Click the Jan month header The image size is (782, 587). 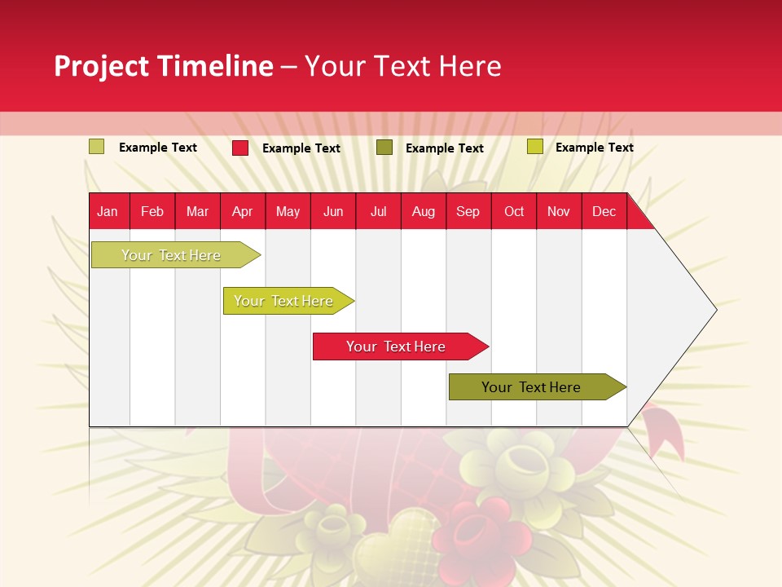click(x=108, y=211)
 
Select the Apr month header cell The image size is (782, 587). click(x=243, y=211)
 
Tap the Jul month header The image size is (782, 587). click(x=378, y=211)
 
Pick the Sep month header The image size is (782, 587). click(x=468, y=211)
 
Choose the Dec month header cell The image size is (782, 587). click(x=604, y=211)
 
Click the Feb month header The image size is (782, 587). click(x=152, y=211)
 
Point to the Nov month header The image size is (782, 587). click(x=559, y=211)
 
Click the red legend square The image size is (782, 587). click(x=240, y=148)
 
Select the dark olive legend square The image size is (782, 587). click(x=384, y=148)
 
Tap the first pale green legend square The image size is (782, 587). click(x=96, y=147)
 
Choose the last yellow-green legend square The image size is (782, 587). click(x=534, y=147)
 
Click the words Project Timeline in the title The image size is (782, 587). click(x=163, y=66)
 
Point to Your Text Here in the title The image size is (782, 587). click(x=403, y=66)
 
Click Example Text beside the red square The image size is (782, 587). click(x=301, y=148)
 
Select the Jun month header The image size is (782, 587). click(x=333, y=211)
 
